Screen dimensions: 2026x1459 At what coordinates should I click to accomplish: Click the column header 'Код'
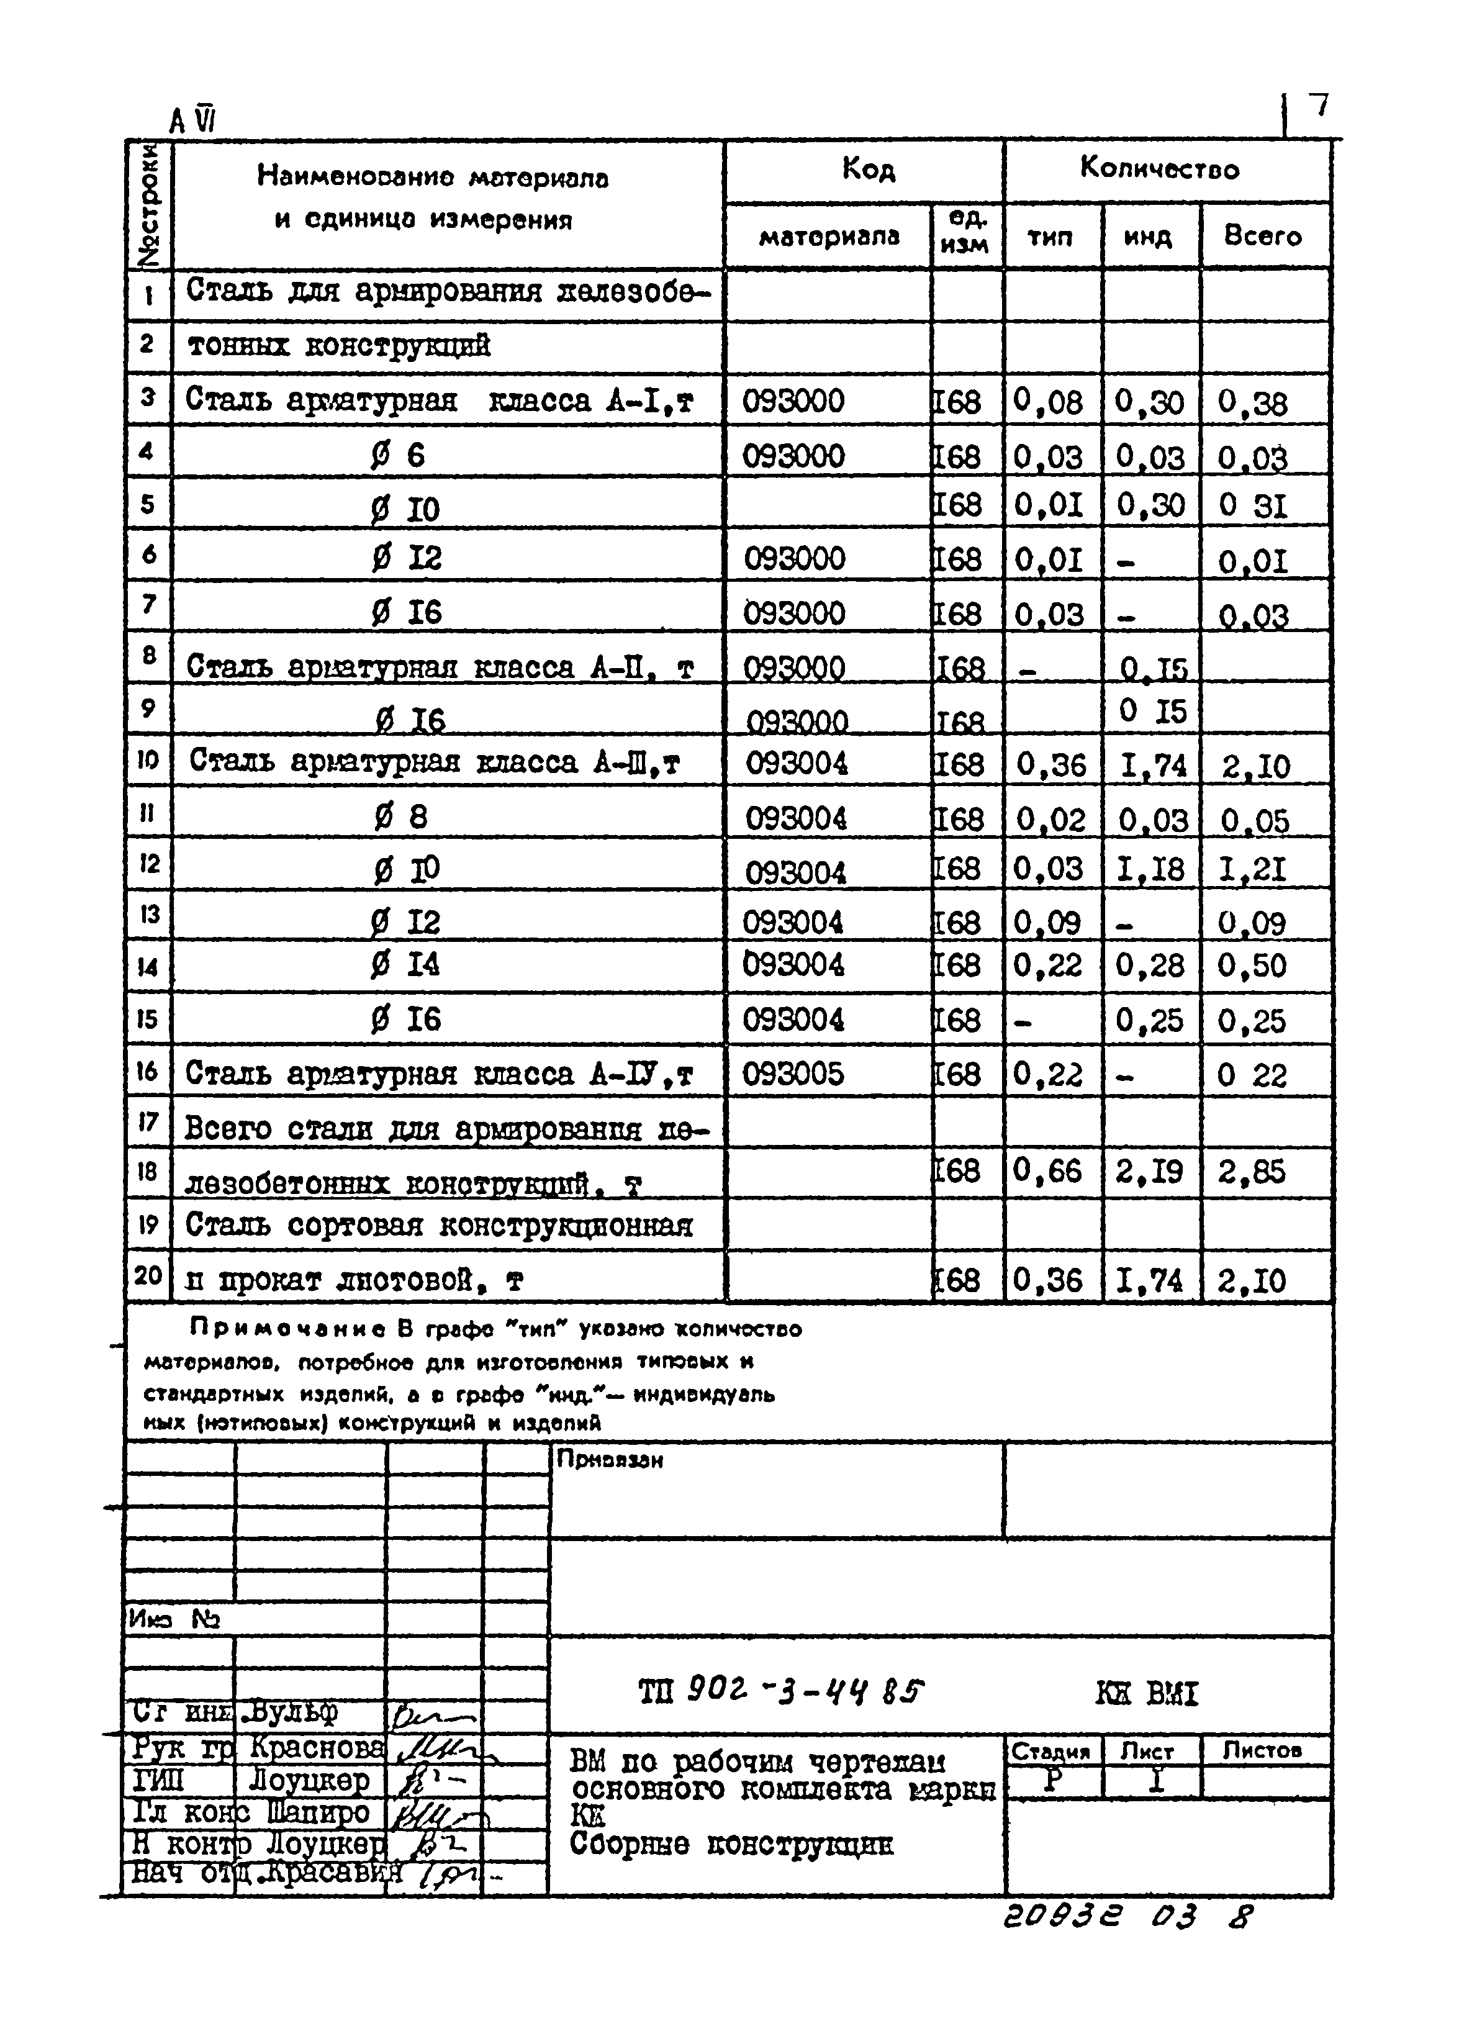click(x=867, y=170)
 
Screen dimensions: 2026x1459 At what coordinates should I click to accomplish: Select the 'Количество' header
click(x=1159, y=169)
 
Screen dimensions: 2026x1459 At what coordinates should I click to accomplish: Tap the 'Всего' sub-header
click(x=1262, y=237)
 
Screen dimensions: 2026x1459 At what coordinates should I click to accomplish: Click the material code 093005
click(x=792, y=1074)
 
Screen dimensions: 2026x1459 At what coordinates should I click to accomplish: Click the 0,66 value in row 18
click(x=1048, y=1171)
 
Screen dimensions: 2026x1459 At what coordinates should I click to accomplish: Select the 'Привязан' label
click(x=609, y=1460)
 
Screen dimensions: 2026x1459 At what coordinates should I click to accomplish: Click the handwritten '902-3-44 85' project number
click(x=804, y=1691)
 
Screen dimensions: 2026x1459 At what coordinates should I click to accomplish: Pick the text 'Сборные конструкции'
click(x=730, y=1844)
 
